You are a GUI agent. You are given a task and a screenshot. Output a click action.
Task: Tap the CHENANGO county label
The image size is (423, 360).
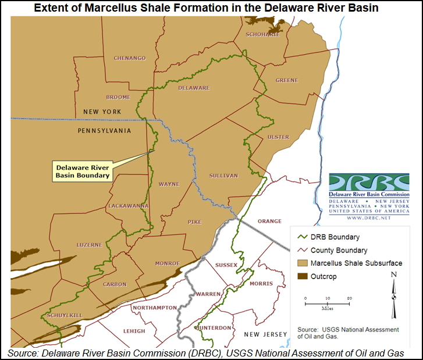coord(129,58)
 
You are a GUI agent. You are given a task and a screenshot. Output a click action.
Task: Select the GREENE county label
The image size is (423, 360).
coord(286,80)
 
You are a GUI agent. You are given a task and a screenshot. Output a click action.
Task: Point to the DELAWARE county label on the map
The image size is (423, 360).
coord(193,88)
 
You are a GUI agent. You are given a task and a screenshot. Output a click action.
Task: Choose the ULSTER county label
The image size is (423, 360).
coord(278,137)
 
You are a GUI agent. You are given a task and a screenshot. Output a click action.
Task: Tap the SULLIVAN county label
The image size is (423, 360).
coord(223,176)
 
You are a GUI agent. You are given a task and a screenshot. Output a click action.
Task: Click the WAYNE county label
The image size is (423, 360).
coord(169,184)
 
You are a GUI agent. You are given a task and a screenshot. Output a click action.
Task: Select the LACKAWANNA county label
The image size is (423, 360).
coord(128,206)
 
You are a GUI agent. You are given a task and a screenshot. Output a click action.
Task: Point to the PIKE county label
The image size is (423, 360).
coord(194,222)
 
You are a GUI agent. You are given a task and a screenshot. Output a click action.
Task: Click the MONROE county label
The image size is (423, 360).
coord(168,263)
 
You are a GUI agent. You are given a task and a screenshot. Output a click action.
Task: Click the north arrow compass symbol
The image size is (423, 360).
coord(394,291)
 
